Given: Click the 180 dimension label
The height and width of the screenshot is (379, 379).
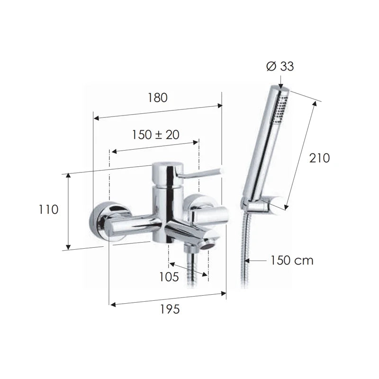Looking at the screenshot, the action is point(157,98).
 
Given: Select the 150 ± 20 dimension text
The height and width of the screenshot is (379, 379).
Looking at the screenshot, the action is point(155,135).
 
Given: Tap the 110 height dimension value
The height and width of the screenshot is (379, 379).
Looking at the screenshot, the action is point(49,209).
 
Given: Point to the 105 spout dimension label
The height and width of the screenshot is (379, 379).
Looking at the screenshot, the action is point(169,277).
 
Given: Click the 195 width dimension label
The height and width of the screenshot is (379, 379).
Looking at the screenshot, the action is point(170,309).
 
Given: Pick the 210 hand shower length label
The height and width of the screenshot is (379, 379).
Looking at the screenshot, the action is point(319,158).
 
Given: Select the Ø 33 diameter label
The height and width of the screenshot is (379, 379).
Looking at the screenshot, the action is point(280,66).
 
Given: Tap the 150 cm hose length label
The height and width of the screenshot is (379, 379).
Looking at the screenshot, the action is point(291,260).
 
